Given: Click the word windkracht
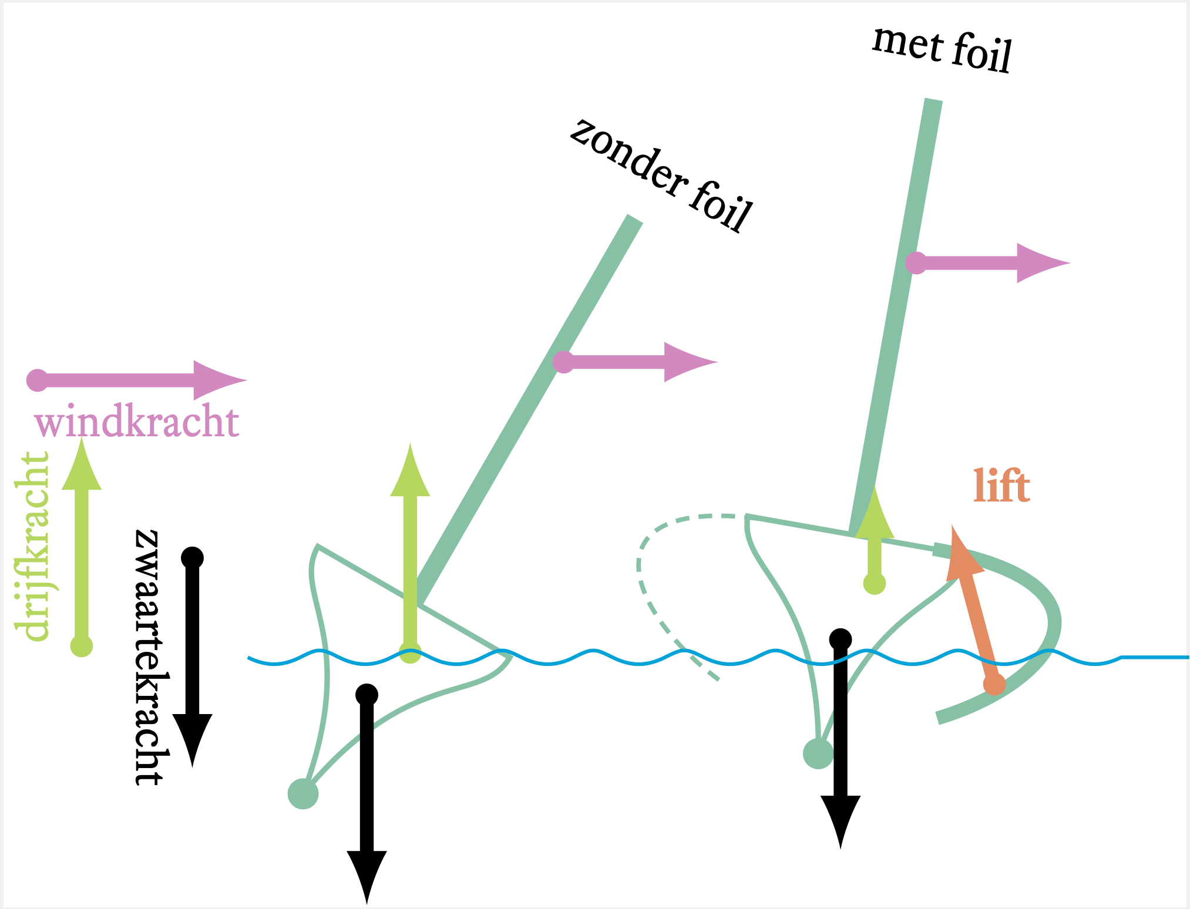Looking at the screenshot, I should pyautogui.click(x=137, y=422).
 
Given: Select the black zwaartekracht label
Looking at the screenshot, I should pyautogui.click(x=152, y=658).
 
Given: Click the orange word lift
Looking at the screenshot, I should pyautogui.click(x=1001, y=486).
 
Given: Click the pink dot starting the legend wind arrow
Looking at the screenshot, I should pyautogui.click(x=38, y=381).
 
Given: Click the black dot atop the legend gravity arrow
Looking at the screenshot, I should pyautogui.click(x=192, y=557).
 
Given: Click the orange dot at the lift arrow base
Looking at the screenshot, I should pyautogui.click(x=994, y=684).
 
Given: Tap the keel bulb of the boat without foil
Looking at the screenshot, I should pyautogui.click(x=303, y=794).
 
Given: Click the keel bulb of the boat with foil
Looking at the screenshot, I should pyautogui.click(x=818, y=753).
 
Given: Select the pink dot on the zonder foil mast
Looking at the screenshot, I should pyautogui.click(x=563, y=362).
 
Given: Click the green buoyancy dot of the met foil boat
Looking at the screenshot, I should pyautogui.click(x=875, y=584).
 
